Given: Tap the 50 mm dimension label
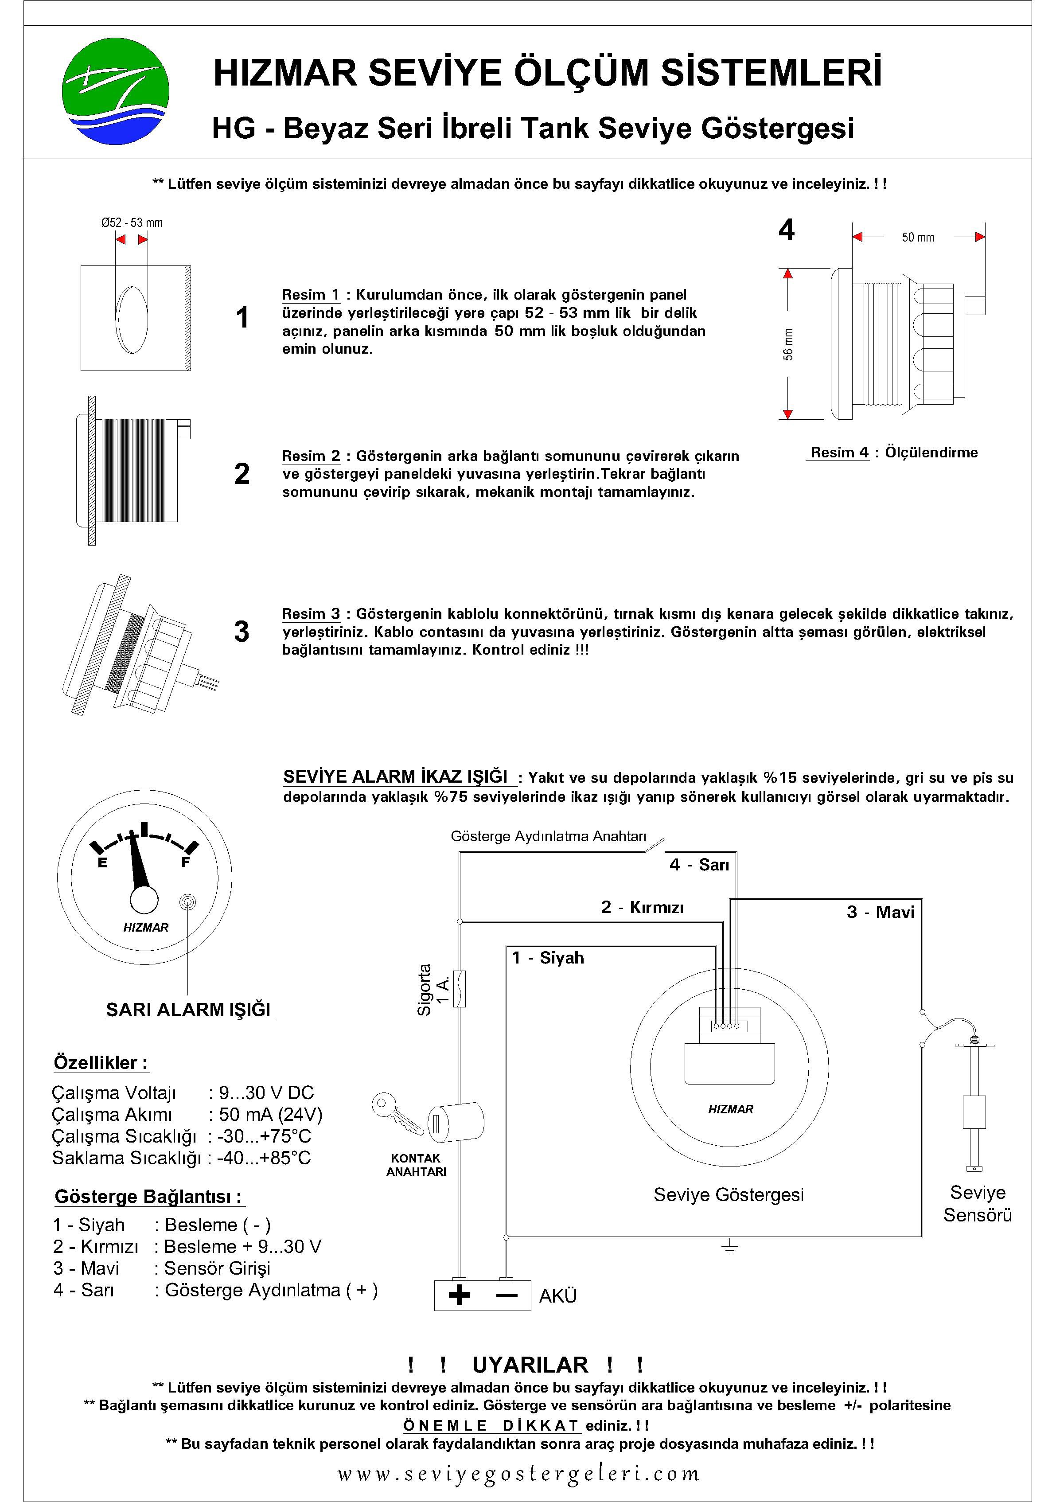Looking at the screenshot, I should [x=917, y=238].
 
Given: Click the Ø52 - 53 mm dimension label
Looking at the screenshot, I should [x=132, y=222].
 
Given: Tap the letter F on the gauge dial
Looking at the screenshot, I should [x=185, y=862].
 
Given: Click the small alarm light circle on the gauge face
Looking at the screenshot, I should [x=188, y=902].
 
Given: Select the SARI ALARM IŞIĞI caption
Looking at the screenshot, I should [x=188, y=1010].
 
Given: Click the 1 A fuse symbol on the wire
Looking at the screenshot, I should [x=460, y=988].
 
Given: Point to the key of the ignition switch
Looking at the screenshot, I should [x=396, y=1116].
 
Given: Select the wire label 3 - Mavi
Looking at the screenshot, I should [x=880, y=912].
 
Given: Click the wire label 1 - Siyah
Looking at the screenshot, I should [x=548, y=958].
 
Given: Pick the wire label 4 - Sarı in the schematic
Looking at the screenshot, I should [x=699, y=865].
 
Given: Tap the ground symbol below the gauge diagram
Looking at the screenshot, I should [x=729, y=1248].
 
